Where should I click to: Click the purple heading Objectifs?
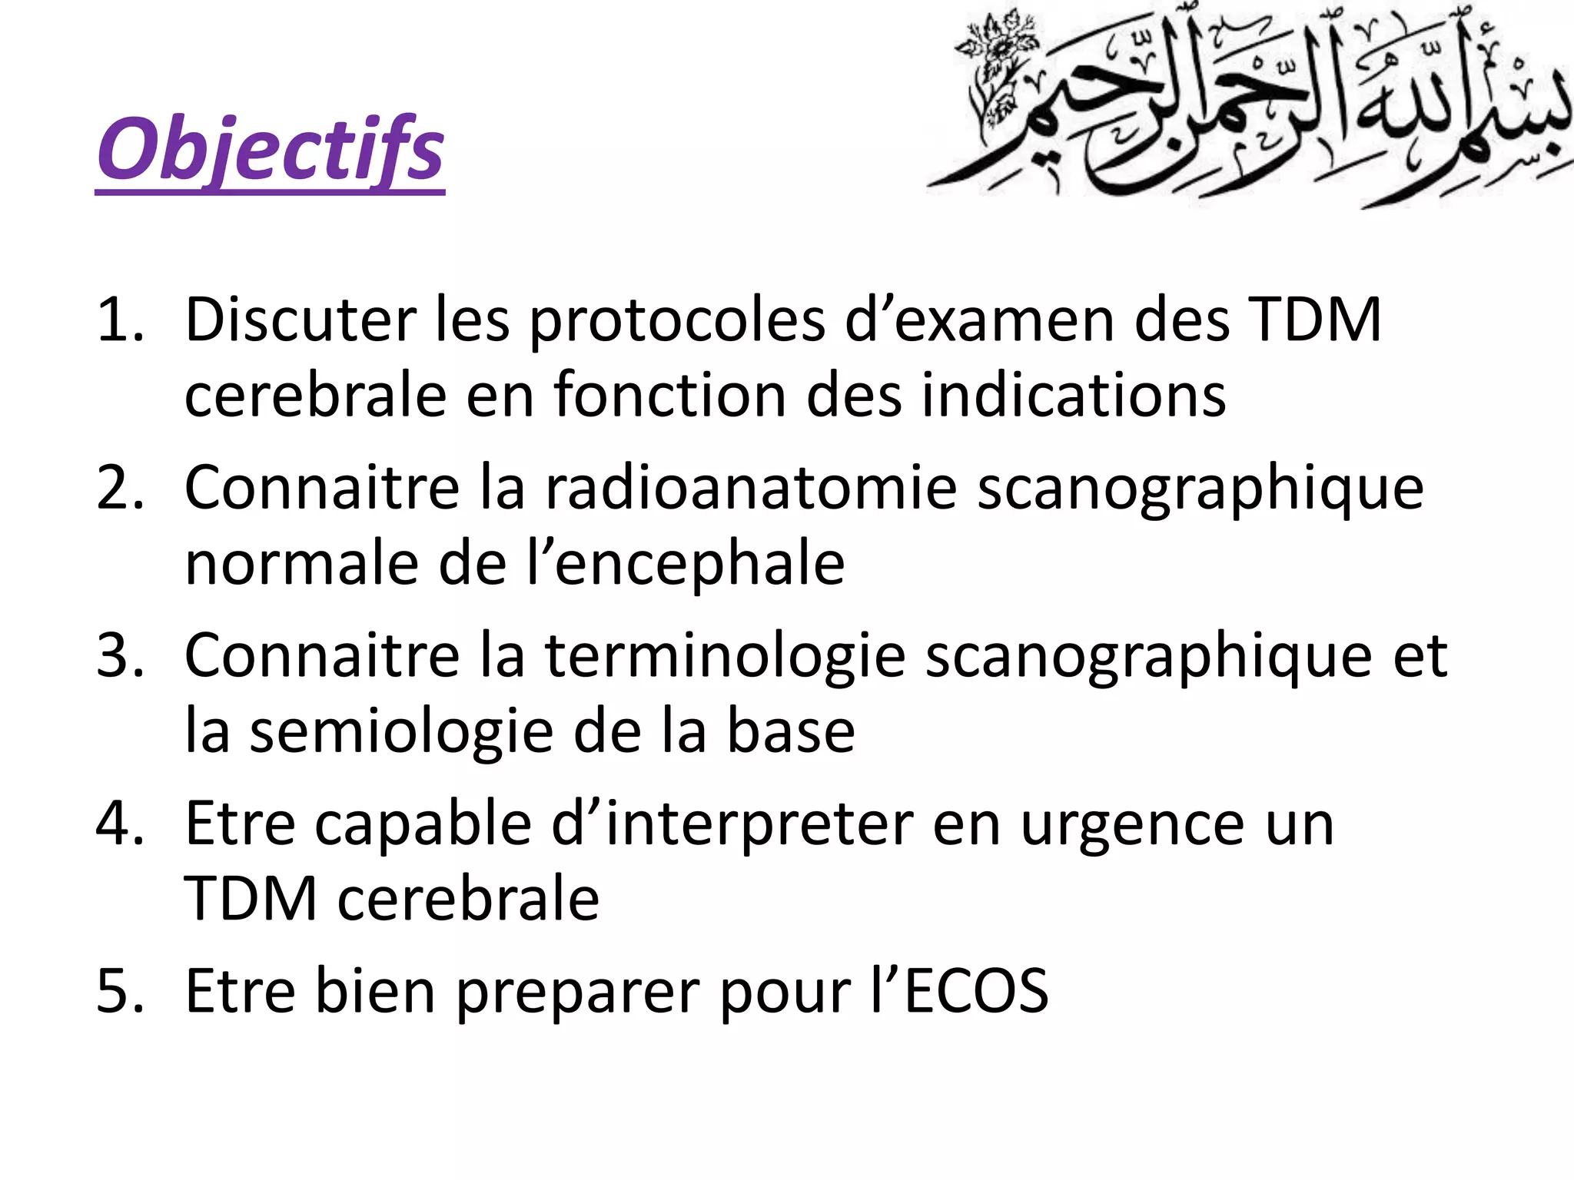271,150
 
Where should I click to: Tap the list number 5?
120,990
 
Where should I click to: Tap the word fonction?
669,395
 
